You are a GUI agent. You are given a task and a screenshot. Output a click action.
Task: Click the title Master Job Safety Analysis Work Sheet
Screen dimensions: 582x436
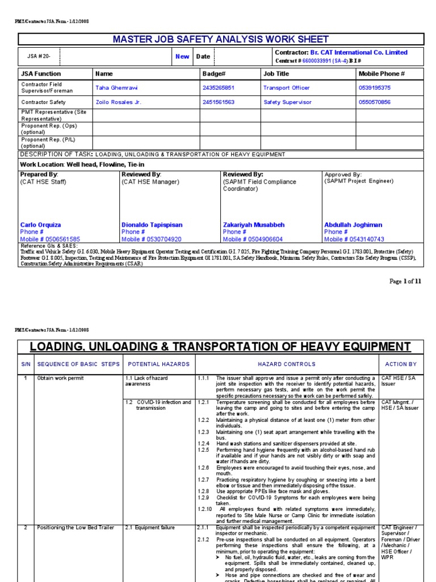(221, 39)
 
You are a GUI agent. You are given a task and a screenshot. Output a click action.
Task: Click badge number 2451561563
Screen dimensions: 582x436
(218, 102)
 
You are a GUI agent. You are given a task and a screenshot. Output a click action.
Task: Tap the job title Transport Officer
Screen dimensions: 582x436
(286, 88)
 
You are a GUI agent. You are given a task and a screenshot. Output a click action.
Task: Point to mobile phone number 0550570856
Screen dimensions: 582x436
(375, 102)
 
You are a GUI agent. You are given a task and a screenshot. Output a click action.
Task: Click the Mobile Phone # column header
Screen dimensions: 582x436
(381, 74)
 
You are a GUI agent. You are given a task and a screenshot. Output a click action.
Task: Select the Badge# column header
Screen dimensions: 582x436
(214, 74)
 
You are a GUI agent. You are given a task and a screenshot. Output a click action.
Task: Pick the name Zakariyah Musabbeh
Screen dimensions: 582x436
(253, 225)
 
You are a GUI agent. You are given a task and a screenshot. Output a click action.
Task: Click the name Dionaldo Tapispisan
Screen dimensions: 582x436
(152, 225)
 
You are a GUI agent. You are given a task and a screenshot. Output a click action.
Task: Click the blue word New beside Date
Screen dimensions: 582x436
(182, 56)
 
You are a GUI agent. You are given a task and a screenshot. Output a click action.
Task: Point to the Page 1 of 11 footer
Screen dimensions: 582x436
(405, 281)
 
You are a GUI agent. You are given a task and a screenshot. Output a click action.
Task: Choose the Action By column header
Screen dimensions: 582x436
(401, 364)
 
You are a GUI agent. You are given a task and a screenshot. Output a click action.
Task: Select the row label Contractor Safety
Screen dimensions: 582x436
(43, 102)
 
